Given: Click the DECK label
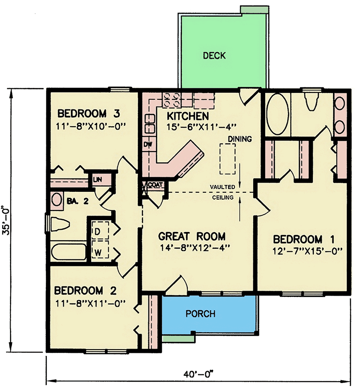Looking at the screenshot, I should (x=214, y=56).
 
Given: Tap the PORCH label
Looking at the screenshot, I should (x=201, y=314).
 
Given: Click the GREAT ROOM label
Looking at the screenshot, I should (x=191, y=237).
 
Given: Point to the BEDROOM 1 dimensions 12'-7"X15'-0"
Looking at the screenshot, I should (x=308, y=250).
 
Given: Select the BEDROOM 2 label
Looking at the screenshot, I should (x=87, y=291).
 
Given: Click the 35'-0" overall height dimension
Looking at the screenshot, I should (x=7, y=220).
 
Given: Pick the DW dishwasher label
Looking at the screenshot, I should (x=148, y=145).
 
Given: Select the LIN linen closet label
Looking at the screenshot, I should (x=97, y=179).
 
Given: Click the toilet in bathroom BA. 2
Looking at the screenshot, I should (x=60, y=225).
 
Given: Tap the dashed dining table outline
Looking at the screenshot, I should (x=228, y=158).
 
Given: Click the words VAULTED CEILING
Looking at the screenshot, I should (x=223, y=192).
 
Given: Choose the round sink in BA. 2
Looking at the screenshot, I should (x=57, y=200).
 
